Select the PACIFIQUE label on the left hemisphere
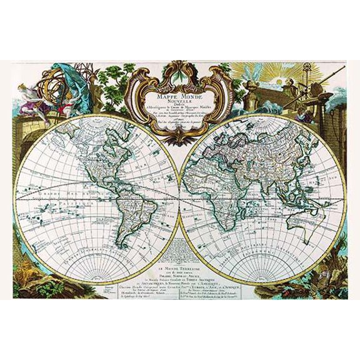(72, 204)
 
